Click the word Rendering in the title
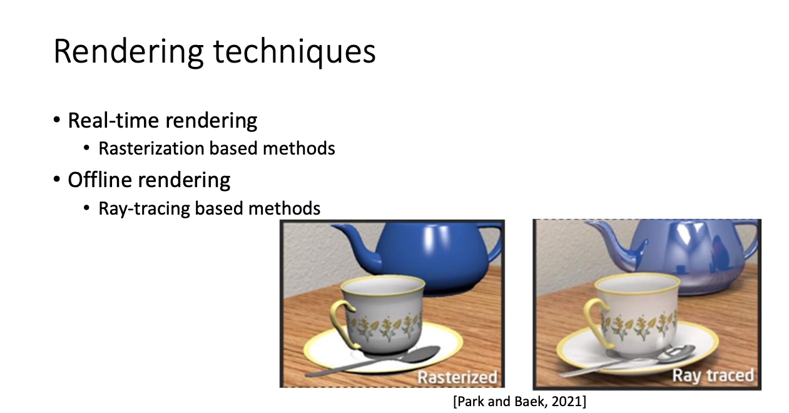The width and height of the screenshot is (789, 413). tap(128, 52)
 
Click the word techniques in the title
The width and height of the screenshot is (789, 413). tap(295, 52)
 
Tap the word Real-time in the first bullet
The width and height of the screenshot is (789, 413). tap(113, 121)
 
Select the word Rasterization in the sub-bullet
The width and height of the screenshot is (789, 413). tap(151, 148)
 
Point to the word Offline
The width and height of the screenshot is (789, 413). tap(99, 180)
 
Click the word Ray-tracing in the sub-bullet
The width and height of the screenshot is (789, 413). tap(144, 208)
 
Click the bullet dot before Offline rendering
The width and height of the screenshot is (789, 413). tap(57, 180)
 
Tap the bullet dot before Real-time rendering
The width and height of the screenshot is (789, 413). tap(57, 120)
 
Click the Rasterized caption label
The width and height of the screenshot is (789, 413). tap(457, 377)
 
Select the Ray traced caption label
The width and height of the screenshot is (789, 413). tap(713, 375)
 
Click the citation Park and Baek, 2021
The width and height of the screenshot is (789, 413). tap(519, 402)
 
